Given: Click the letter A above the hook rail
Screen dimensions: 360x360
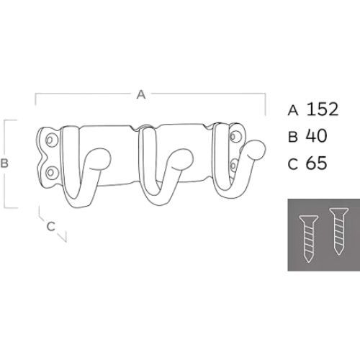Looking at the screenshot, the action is click(141, 94).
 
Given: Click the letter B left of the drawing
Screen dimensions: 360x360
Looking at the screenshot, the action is click(4, 163).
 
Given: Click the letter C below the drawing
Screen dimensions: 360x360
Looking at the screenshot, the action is click(50, 226).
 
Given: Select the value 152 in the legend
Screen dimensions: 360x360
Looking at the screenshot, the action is click(323, 109).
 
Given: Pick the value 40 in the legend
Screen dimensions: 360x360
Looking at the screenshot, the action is click(316, 136).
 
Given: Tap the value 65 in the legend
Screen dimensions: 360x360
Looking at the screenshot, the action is click(316, 163).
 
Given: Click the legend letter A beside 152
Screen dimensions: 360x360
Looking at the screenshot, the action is click(293, 111).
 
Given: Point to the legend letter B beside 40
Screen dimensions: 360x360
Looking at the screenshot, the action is click(293, 138).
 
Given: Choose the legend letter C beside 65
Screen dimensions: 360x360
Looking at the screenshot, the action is click(293, 164).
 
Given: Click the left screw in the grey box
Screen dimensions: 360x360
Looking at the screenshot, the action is click(309, 238).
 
